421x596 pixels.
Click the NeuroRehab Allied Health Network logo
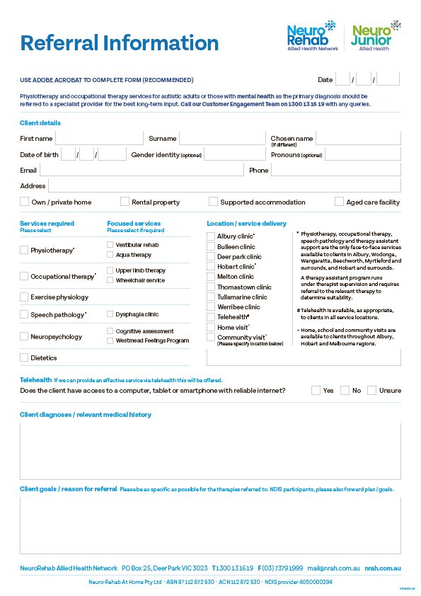coord(311,36)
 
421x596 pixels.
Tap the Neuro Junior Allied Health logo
coord(375,36)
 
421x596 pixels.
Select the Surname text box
coord(222,138)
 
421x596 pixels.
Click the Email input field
coord(141,170)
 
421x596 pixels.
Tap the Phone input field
coord(335,170)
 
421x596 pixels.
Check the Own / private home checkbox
coord(25,202)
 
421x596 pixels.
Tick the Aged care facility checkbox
coord(339,202)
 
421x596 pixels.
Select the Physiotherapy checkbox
coord(25,250)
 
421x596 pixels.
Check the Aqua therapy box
coord(110,255)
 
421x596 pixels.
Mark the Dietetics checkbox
coord(25,357)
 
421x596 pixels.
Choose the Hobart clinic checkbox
coord(211,267)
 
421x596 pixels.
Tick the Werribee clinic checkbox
coord(211,307)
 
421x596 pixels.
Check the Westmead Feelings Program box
coord(110,340)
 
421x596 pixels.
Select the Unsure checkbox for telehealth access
coord(371,390)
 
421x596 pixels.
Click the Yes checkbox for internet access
coord(316,390)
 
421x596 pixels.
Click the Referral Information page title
coord(120,42)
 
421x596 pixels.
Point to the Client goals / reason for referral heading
coord(69,489)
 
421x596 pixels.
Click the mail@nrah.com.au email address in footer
coord(333,568)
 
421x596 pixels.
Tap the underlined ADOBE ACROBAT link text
coord(57,80)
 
